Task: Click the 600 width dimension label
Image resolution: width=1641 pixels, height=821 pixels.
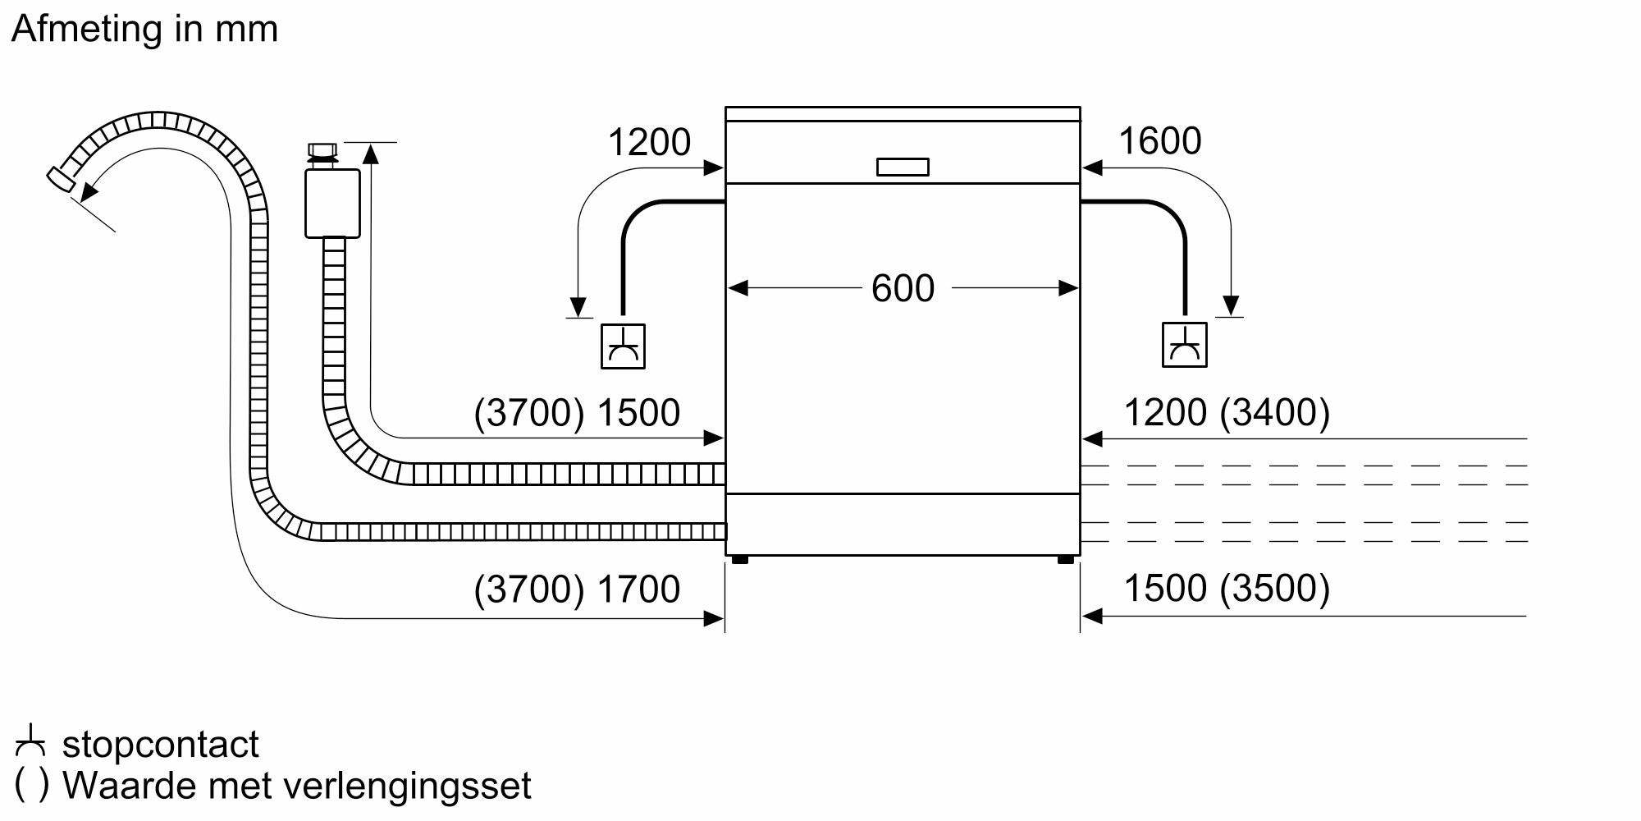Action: [x=903, y=288]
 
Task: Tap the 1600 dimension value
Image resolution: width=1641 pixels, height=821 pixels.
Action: [x=1159, y=141]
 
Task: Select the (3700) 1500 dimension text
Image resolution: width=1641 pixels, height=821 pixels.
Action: [x=577, y=413]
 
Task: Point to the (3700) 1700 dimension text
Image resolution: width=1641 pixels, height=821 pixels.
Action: [x=577, y=589]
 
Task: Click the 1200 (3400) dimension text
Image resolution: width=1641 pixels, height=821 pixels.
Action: [x=1226, y=412]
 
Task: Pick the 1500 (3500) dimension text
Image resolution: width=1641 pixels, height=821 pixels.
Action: [x=1226, y=589]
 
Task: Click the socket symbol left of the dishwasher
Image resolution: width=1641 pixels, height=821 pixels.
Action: [x=623, y=346]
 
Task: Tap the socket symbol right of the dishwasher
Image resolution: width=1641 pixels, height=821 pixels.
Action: [x=1184, y=345]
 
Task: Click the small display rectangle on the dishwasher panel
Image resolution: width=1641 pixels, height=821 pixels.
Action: [x=903, y=167]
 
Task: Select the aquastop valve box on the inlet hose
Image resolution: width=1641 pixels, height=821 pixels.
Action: [x=332, y=203]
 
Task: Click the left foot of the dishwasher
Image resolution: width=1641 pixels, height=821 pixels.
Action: [x=739, y=560]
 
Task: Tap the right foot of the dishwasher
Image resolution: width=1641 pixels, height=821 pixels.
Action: [x=1065, y=560]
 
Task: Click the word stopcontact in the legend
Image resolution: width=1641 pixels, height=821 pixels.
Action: [x=160, y=745]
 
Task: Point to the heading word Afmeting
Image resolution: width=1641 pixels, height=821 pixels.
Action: [x=87, y=29]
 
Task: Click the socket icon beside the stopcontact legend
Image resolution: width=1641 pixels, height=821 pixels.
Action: [x=30, y=741]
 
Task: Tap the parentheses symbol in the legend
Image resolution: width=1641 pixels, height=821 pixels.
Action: [x=32, y=785]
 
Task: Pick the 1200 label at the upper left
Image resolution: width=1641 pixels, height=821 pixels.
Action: [x=649, y=143]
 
